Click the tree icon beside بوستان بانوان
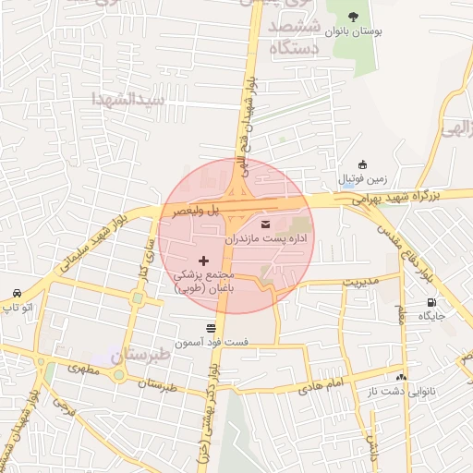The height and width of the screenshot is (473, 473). [353, 16]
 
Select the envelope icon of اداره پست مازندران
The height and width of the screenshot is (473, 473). [267, 224]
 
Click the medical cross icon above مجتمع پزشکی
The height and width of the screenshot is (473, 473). [204, 261]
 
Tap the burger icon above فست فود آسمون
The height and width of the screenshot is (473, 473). [212, 327]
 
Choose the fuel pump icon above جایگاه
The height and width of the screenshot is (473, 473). [431, 302]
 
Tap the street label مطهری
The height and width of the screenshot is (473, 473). [83, 369]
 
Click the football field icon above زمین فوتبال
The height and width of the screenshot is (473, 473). [363, 164]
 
